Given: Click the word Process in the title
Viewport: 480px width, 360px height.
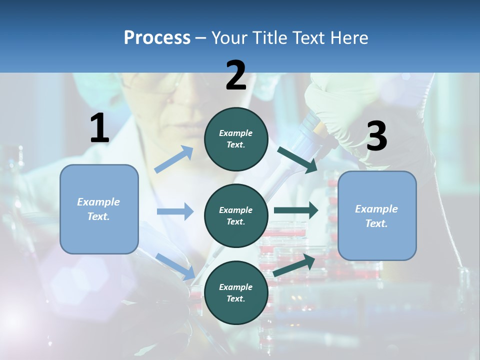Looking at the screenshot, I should coord(157,38).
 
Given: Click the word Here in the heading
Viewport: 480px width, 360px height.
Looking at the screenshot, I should coord(348,38).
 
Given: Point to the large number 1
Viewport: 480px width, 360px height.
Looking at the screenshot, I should coord(99,128).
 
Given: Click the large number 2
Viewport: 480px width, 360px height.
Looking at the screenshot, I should coord(236,75).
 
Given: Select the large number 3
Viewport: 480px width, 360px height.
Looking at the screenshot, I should coord(376,136).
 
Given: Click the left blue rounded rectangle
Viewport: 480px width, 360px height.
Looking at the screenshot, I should coord(99,209).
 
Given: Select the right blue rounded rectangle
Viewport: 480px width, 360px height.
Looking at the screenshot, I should coord(377,215).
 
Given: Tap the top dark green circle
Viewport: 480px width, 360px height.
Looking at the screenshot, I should coord(236,139).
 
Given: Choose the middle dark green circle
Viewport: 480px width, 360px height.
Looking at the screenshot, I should coord(236,215).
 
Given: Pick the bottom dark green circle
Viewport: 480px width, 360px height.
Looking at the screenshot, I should coord(236,292).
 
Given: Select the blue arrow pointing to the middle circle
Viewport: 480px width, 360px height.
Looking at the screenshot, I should coord(175,211).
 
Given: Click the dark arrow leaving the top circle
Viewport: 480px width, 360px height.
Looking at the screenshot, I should coord(297,159).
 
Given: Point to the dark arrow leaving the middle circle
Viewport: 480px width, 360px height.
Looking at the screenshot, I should coord(295,210).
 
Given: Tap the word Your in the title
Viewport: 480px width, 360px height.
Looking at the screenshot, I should coord(228,38).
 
